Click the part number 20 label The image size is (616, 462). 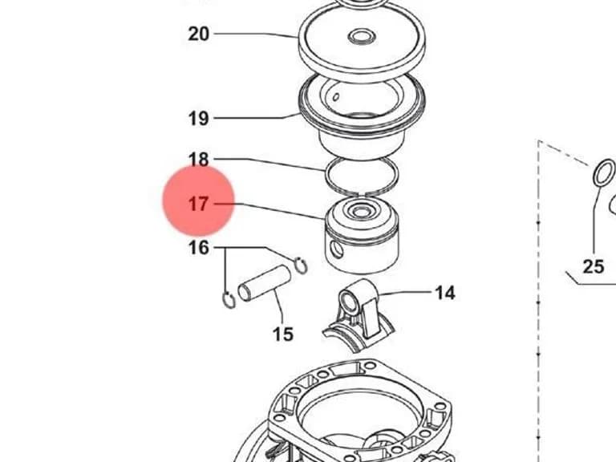[199, 34]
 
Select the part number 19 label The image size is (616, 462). [199, 118]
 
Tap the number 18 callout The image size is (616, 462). [199, 160]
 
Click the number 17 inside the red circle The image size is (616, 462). [199, 204]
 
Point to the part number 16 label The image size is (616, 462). [199, 248]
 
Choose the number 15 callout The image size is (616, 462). [283, 334]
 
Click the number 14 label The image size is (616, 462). [445, 293]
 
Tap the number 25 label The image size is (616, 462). [594, 267]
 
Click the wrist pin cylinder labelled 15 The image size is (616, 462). [264, 283]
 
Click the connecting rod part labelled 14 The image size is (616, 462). [359, 314]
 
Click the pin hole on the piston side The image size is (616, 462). [337, 249]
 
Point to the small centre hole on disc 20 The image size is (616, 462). [362, 38]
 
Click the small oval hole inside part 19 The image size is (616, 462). [336, 96]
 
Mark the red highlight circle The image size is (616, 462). [199, 201]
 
